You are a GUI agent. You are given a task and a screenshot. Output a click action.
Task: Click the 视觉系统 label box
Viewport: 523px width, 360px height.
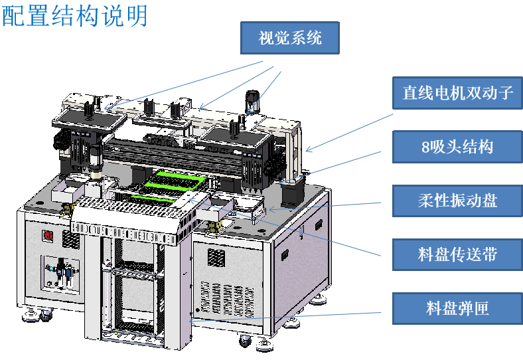(290, 38)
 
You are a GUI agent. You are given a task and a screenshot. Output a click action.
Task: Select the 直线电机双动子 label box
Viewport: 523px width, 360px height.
(457, 93)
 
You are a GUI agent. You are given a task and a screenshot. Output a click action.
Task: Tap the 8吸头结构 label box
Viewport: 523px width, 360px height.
(457, 147)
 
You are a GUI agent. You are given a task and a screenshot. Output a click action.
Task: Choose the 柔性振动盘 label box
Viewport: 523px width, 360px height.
(457, 201)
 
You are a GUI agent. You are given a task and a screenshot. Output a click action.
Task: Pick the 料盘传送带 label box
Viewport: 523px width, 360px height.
(457, 254)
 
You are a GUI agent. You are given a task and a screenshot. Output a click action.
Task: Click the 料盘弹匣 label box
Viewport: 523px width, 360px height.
(457, 308)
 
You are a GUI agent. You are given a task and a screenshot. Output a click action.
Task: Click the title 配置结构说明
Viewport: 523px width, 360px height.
(75, 16)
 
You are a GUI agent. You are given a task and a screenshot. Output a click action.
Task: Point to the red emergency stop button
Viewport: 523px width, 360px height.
(47, 236)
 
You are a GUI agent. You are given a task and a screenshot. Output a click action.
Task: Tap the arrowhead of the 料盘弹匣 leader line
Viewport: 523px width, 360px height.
(190, 321)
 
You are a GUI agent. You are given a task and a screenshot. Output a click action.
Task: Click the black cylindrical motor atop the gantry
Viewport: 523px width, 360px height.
(252, 101)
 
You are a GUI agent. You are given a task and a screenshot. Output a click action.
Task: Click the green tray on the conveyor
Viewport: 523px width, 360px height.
(173, 184)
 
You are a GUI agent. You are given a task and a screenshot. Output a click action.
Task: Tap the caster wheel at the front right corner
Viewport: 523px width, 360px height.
(245, 341)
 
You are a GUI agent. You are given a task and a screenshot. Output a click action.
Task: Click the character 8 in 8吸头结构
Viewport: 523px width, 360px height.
(425, 147)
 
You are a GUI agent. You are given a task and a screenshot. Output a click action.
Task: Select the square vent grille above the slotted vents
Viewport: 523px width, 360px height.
(216, 257)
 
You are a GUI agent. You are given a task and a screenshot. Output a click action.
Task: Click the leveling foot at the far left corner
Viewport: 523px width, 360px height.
(30, 315)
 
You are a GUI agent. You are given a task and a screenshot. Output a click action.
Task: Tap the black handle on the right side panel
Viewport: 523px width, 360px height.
(285, 255)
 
